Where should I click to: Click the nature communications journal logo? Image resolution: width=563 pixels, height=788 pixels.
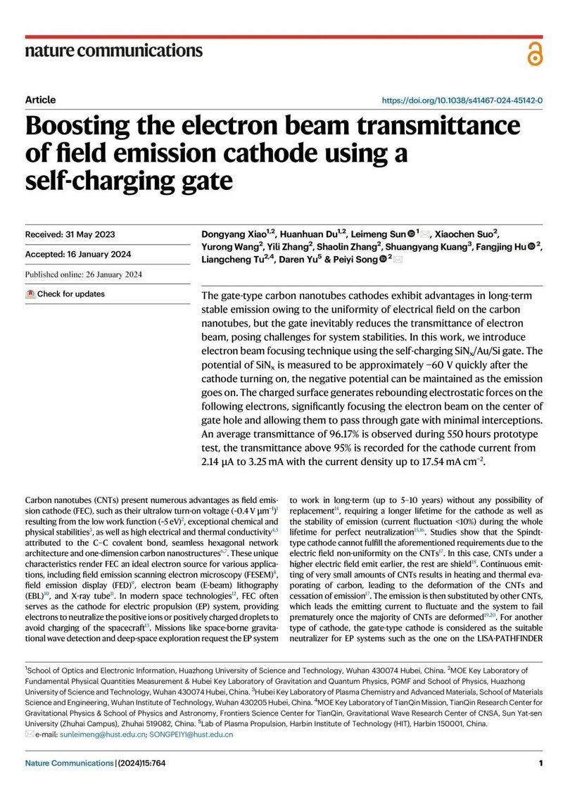pos(113,51)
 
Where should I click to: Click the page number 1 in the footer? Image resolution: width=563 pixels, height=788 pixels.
pos(540,763)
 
